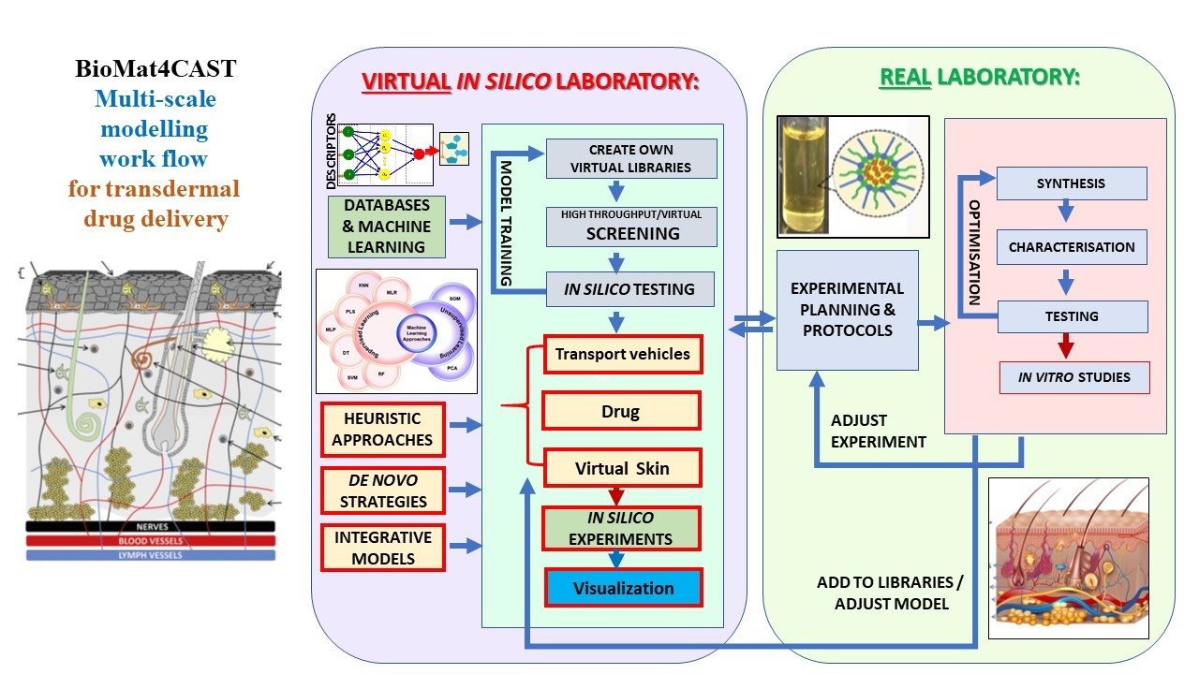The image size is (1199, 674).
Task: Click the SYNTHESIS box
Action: click(1072, 183)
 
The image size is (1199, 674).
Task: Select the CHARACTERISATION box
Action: click(1072, 248)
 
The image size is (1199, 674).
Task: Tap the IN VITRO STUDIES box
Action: click(1074, 377)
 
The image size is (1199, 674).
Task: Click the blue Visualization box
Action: click(623, 588)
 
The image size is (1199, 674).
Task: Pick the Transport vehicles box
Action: click(622, 355)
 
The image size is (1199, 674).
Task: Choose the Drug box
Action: click(621, 411)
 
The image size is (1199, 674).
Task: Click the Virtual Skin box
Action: click(622, 468)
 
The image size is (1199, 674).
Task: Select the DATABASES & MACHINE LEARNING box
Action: click(387, 226)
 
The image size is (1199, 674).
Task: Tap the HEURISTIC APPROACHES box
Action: click(382, 429)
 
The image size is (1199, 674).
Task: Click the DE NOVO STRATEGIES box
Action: click(382, 490)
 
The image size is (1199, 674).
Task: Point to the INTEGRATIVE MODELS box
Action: click(382, 549)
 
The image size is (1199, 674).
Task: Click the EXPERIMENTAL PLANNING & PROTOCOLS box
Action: click(848, 310)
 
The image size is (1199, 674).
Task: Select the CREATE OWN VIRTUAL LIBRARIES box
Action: click(630, 158)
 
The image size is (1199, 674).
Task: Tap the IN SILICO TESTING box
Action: click(630, 289)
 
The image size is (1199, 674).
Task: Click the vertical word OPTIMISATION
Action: click(974, 252)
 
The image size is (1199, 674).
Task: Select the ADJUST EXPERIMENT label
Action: click(878, 431)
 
